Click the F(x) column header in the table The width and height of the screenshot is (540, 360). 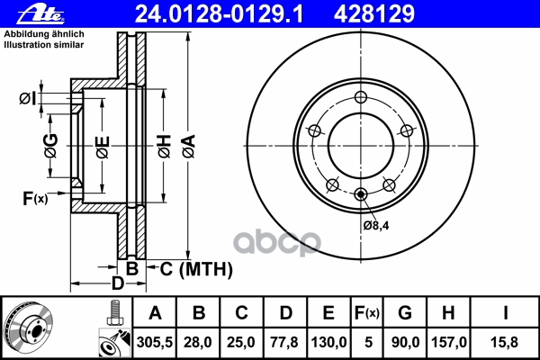point(367,312)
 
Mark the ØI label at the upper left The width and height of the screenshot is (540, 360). point(28,97)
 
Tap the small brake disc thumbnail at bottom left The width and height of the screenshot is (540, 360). point(28,328)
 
